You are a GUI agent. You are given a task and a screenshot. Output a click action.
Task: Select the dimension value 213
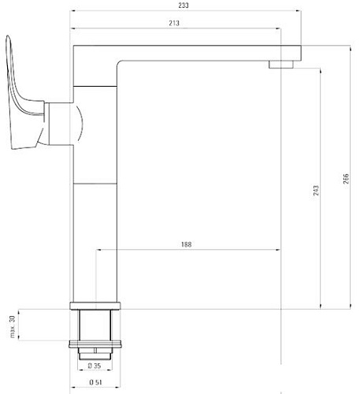(x=175, y=24)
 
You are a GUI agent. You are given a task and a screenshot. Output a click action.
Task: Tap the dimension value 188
(x=186, y=244)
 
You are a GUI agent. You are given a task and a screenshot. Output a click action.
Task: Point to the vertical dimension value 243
(x=315, y=190)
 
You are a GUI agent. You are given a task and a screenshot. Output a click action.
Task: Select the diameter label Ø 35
(x=95, y=366)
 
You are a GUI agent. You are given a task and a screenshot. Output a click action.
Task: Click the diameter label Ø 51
(x=95, y=383)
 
